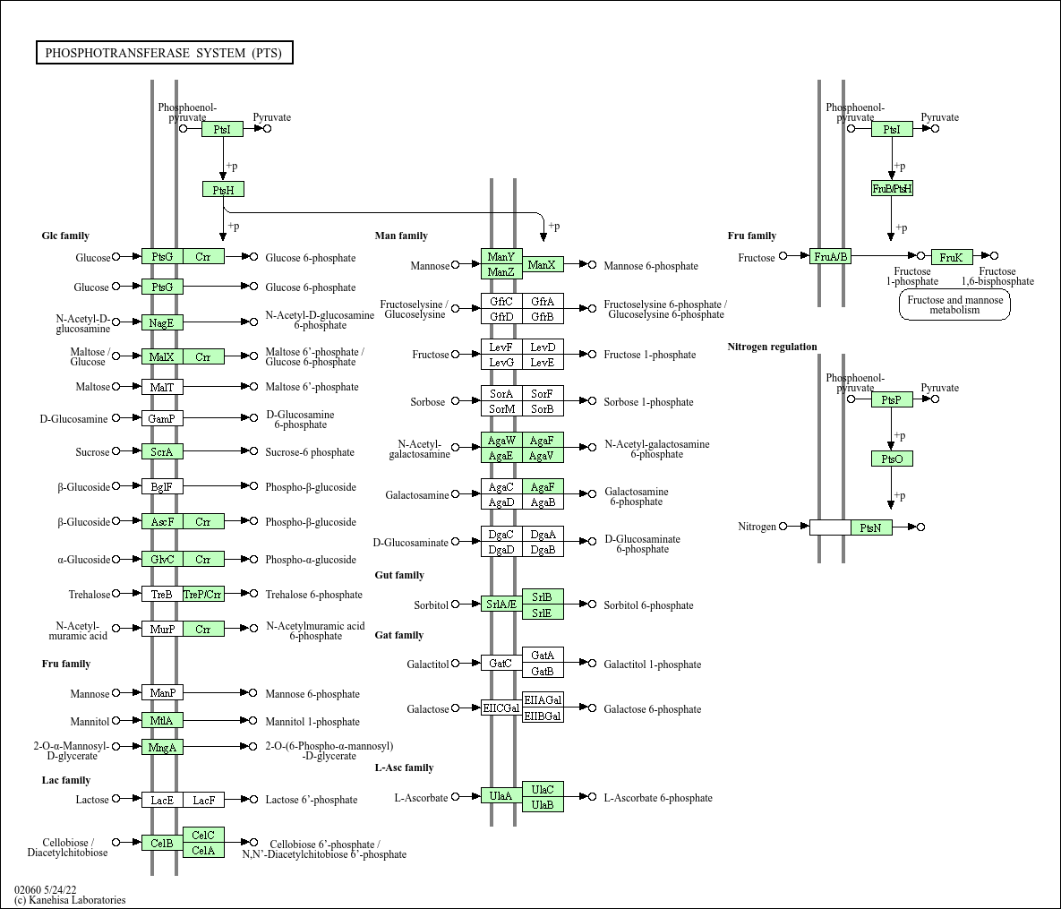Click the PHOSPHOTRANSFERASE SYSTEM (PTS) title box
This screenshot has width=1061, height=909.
point(164,53)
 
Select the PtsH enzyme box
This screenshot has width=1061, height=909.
point(223,190)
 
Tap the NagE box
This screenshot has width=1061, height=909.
point(162,322)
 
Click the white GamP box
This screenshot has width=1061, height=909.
point(162,418)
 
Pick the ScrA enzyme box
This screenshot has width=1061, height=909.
point(162,452)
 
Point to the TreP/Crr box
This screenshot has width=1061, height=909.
point(203,595)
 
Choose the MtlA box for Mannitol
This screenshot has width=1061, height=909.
point(162,721)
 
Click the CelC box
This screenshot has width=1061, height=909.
point(203,835)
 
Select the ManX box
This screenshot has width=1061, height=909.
point(543,265)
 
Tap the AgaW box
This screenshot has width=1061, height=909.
point(501,441)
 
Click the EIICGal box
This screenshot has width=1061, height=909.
point(501,708)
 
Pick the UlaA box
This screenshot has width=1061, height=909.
point(501,796)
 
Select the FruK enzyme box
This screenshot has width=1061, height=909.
point(951,258)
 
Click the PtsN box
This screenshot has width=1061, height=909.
point(871,527)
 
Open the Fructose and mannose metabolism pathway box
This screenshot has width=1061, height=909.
point(954,305)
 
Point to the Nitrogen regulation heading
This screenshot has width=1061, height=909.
point(772,347)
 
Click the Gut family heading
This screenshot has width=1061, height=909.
point(399,575)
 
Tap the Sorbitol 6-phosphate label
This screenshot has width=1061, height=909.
point(648,605)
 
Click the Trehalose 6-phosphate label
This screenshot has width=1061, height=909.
point(313,595)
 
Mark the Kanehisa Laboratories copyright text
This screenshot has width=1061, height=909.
point(70,900)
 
